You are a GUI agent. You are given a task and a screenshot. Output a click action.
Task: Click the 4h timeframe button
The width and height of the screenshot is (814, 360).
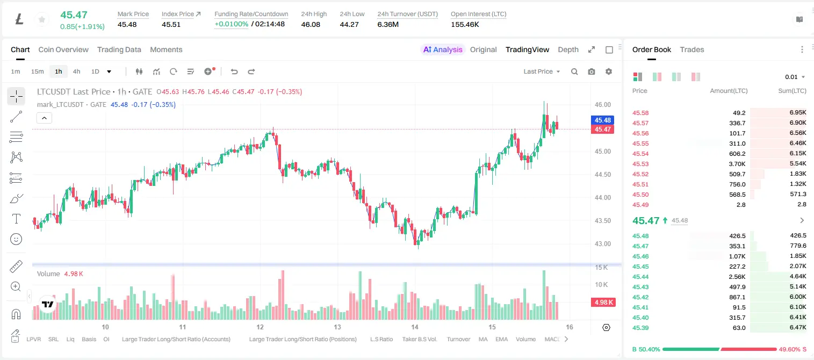pyautogui.click(x=76, y=71)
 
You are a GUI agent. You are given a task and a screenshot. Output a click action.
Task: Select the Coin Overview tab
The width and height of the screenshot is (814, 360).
pyautogui.click(x=63, y=49)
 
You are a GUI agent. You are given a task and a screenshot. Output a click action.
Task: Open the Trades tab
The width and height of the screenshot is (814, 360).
pyautogui.click(x=692, y=49)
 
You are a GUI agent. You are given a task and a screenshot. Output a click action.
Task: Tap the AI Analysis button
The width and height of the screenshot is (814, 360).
pyautogui.click(x=443, y=49)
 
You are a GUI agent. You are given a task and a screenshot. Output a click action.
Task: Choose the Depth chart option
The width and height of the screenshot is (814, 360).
pyautogui.click(x=568, y=49)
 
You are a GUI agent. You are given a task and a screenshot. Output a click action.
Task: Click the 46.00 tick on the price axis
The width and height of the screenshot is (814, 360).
pyautogui.click(x=602, y=105)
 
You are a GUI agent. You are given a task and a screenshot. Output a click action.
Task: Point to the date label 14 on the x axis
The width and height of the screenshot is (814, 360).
pyautogui.click(x=415, y=327)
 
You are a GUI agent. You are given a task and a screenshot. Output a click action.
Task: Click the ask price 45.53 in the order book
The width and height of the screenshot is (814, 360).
pyautogui.click(x=640, y=164)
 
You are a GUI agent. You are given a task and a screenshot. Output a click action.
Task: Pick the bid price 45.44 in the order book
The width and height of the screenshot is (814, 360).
pyautogui.click(x=640, y=277)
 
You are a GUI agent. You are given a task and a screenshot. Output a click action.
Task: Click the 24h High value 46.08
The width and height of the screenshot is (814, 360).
pyautogui.click(x=311, y=24)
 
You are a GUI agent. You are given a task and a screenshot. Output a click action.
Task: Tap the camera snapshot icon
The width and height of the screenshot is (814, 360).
pyautogui.click(x=592, y=71)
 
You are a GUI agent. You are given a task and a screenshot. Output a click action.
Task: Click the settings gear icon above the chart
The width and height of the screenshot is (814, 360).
pyautogui.click(x=609, y=71)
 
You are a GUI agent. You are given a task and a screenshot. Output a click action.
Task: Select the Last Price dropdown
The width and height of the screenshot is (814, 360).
pyautogui.click(x=542, y=71)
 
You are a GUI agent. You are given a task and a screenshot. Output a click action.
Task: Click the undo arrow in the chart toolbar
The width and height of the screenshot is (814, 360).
pyautogui.click(x=234, y=71)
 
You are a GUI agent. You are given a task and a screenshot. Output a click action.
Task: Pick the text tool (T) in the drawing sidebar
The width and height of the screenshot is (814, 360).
pyautogui.click(x=16, y=219)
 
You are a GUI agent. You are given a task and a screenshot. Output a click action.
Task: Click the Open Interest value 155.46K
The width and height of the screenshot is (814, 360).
pyautogui.click(x=465, y=24)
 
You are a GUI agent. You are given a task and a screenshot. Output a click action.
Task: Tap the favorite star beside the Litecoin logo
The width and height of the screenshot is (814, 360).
pyautogui.click(x=42, y=19)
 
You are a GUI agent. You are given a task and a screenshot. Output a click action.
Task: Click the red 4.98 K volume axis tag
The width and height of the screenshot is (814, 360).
pyautogui.click(x=603, y=303)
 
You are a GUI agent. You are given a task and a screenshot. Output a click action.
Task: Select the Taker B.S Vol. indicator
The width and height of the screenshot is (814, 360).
pyautogui.click(x=419, y=339)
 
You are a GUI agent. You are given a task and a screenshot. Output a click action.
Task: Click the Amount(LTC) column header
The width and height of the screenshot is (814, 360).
pyautogui.click(x=729, y=91)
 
